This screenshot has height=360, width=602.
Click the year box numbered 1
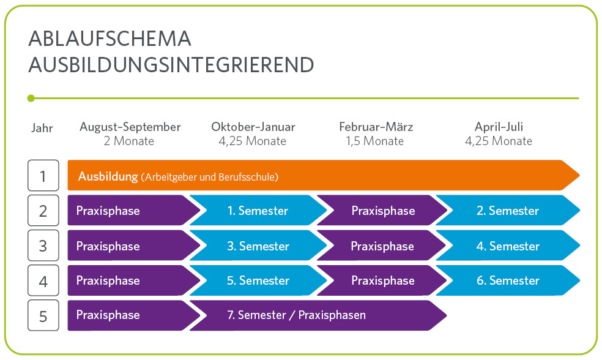tap(43, 176)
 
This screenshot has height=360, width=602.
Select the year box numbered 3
tap(43, 246)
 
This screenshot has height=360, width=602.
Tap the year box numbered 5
tap(43, 315)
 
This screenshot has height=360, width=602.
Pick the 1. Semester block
tap(257, 211)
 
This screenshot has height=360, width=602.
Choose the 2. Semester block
tap(508, 211)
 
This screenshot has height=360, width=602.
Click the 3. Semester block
tap(257, 246)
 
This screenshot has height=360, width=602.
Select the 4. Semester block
tap(508, 246)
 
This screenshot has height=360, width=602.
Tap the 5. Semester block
tap(257, 280)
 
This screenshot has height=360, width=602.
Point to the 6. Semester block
tap(508, 280)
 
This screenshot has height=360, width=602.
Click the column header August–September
tap(130, 127)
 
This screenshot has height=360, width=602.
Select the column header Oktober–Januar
tap(253, 127)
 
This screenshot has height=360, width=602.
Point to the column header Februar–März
tap(376, 127)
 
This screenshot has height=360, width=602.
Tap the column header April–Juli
tap(499, 127)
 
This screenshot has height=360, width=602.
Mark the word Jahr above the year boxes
tap(42, 128)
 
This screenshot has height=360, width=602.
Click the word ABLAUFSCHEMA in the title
tap(110, 39)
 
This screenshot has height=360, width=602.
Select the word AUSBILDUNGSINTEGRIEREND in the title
tap(171, 64)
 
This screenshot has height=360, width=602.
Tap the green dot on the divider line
tap(31, 98)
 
